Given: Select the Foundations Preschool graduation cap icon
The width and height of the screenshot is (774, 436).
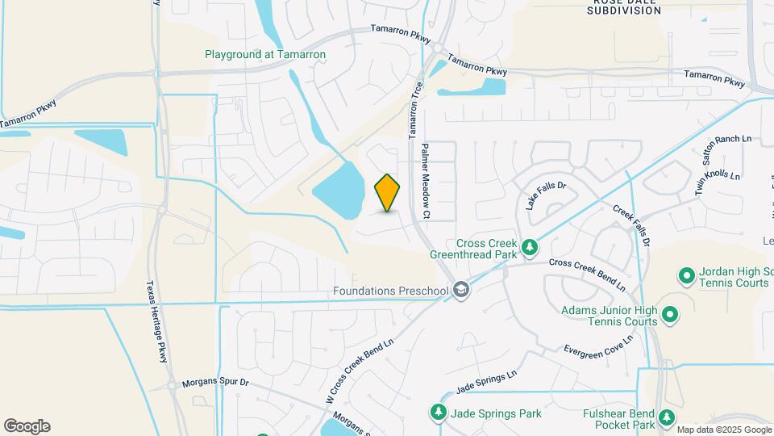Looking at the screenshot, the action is pos(460,290).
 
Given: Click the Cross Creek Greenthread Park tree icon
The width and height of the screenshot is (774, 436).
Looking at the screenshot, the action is pos(529,247).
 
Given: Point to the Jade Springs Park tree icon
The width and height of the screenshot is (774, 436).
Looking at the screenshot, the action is pos(439,413).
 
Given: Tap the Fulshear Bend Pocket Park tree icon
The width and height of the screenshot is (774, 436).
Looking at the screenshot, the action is pos(666,417).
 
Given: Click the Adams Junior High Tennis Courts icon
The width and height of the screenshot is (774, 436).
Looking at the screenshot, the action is pos(669,313).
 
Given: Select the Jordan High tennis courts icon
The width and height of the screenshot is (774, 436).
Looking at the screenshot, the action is pos(687,277).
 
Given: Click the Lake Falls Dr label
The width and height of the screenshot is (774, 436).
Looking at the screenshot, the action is pos(547,195).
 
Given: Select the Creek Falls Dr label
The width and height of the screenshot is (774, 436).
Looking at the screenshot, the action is pos(630,224).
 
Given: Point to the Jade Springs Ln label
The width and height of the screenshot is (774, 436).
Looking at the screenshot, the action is pos(485,382).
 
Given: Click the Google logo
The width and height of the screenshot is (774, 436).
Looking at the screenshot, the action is pos(27,426).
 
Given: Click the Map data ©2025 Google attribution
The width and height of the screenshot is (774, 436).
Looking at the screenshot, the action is pos(723,430).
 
